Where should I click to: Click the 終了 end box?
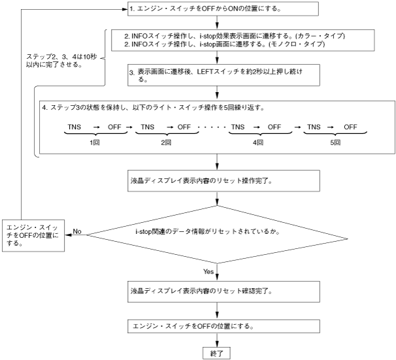[216, 352]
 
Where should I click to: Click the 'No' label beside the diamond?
[76, 231]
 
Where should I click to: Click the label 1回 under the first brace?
[95, 142]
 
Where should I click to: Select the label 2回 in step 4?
[167, 142]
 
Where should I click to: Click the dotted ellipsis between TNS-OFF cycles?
[214, 127]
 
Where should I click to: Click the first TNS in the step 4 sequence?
[74, 127]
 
